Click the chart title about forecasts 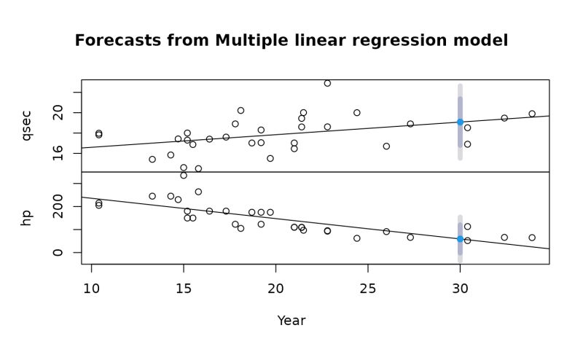click(291, 41)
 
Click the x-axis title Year click(291, 321)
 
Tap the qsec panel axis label click(27, 125)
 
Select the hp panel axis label click(27, 217)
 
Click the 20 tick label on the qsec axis click(58, 113)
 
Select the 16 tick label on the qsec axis click(58, 154)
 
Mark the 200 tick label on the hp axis click(58, 207)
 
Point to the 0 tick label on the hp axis click(58, 253)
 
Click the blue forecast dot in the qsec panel click(460, 122)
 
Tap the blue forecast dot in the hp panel click(460, 239)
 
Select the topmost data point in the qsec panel click(327, 83)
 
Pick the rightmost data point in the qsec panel click(532, 114)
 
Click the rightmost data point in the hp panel click(532, 238)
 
